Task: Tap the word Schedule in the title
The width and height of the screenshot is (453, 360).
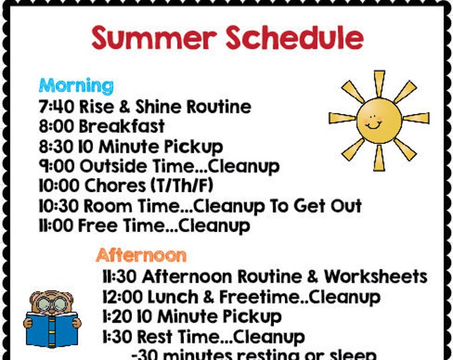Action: click(x=293, y=38)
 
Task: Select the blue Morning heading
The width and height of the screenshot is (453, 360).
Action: click(x=76, y=85)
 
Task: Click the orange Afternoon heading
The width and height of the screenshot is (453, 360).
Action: click(x=141, y=255)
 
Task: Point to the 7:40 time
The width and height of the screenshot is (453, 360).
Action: click(x=56, y=107)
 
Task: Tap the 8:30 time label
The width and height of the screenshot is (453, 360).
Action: click(x=56, y=146)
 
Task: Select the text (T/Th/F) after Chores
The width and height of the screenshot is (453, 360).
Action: click(x=182, y=186)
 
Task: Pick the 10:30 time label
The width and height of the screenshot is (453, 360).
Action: click(x=58, y=206)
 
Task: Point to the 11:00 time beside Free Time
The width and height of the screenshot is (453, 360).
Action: click(x=55, y=226)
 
